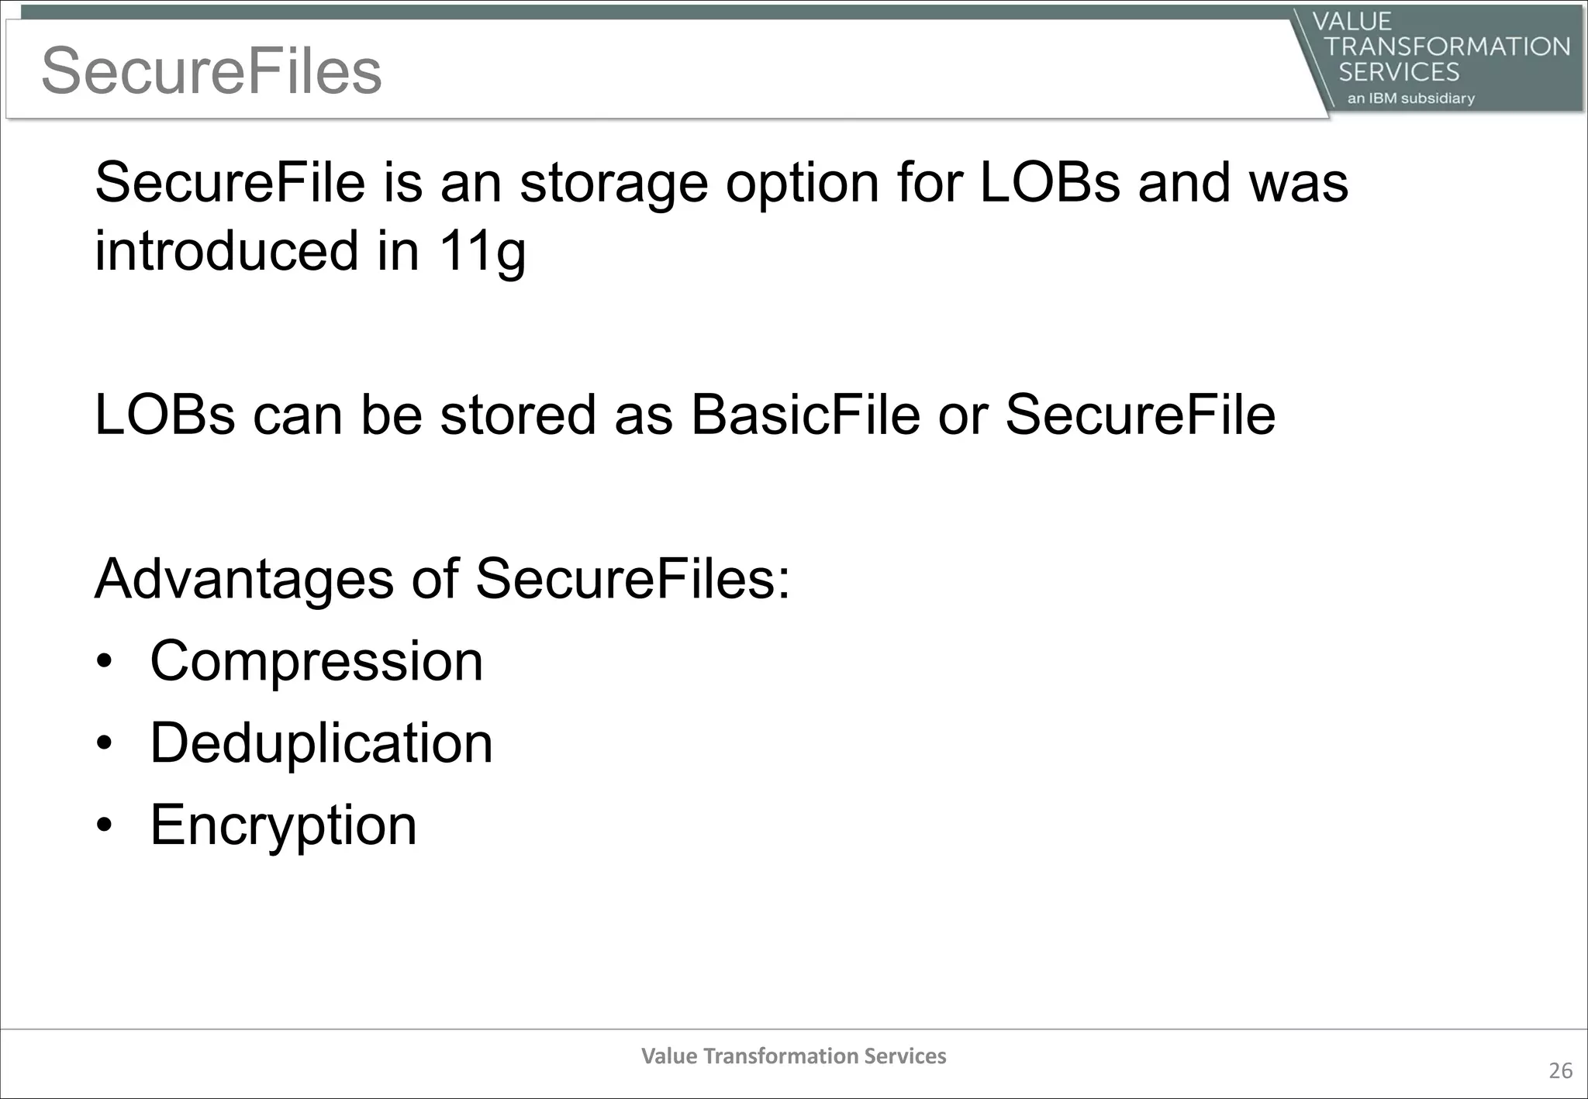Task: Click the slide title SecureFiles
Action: [x=211, y=71]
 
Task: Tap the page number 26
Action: [x=1560, y=1071]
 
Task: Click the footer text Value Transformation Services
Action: [x=793, y=1056]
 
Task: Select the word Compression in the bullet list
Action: [x=316, y=661]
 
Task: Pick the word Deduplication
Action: [x=321, y=743]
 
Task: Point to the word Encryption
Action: [x=283, y=825]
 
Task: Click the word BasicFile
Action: [x=805, y=415]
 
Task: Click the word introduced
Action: [x=226, y=250]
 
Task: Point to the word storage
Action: [x=613, y=184]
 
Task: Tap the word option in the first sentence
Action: [x=802, y=184]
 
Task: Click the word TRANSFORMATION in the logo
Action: [x=1447, y=47]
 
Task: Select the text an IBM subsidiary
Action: [x=1410, y=98]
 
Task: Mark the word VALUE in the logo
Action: [x=1352, y=22]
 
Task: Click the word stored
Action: [x=518, y=415]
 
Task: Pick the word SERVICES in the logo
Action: [x=1399, y=72]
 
